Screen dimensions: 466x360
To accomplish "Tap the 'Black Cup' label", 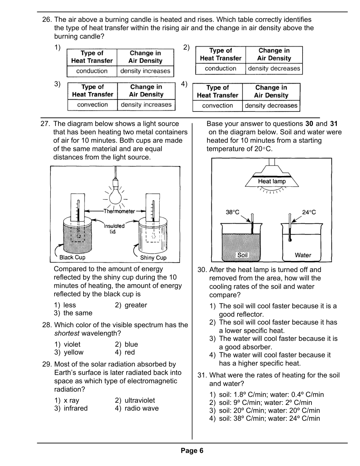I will (x=72, y=257).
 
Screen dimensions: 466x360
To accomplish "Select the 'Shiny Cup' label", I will (x=153, y=258).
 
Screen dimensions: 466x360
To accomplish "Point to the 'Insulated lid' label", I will (x=114, y=229).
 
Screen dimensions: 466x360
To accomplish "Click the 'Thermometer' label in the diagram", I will (x=119, y=211).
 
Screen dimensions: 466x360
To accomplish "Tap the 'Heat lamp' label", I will (x=272, y=181).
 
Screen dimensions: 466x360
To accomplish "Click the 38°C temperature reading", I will (x=232, y=212).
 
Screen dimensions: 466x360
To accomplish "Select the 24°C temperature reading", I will (x=309, y=212).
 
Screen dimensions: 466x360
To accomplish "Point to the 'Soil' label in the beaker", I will (x=242, y=255).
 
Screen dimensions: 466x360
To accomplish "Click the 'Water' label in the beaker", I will (x=303, y=255).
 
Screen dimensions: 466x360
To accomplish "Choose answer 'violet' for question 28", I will (x=72, y=345).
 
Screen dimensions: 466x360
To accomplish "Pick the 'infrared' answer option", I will (x=75, y=408).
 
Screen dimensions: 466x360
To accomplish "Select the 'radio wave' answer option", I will (x=142, y=408).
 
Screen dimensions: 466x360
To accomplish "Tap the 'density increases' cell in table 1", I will (x=145, y=71).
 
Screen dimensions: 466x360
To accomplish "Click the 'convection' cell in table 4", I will (x=217, y=106).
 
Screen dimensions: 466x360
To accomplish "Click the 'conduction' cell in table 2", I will (x=220, y=68).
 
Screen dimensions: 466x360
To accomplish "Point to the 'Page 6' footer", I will (x=192, y=451).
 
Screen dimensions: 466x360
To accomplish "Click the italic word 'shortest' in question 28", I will (x=67, y=333).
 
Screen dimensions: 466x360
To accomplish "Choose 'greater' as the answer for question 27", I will (x=135, y=305).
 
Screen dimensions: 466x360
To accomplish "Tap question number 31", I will (x=202, y=375).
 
